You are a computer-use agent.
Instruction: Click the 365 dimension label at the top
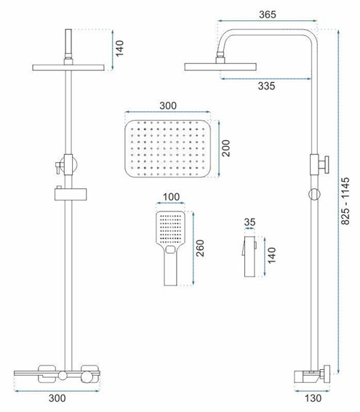268,15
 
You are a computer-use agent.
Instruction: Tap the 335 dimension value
266,86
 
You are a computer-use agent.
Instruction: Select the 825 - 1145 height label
345,201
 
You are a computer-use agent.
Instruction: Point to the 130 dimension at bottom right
313,398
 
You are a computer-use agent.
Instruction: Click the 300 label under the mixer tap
57,398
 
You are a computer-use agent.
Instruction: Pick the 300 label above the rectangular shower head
168,105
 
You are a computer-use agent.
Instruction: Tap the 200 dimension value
225,148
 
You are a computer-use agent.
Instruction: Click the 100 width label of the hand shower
171,197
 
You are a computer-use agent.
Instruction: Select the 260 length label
200,249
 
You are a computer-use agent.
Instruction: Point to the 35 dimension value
249,222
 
